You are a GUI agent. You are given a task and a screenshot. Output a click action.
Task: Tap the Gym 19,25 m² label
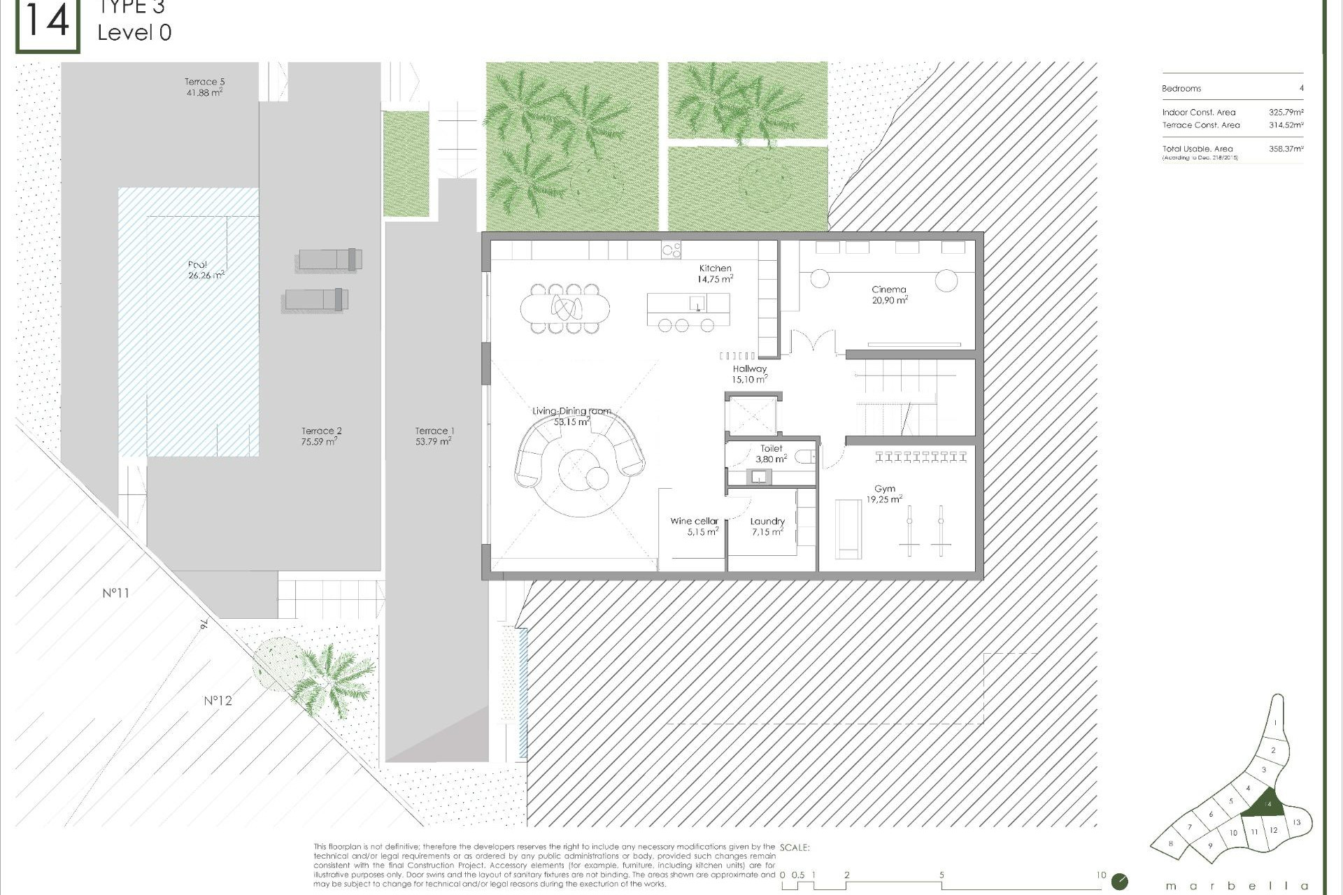coord(884,494)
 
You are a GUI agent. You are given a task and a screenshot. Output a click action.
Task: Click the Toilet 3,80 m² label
coord(771,454)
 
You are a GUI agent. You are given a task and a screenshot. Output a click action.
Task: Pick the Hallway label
coord(749,374)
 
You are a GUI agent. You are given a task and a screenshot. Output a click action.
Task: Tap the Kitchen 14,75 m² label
coord(715,273)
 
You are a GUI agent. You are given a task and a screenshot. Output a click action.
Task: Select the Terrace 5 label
coord(204,87)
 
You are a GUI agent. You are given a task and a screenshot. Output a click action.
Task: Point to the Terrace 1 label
coord(434,436)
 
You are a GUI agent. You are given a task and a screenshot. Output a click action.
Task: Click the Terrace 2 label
coord(321,436)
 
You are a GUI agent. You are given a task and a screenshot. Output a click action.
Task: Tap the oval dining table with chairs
coord(565,307)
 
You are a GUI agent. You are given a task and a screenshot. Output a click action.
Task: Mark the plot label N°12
coord(218,701)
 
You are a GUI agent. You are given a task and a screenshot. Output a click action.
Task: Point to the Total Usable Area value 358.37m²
coord(1286,149)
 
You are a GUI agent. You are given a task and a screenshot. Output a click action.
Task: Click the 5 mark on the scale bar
coord(941,875)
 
